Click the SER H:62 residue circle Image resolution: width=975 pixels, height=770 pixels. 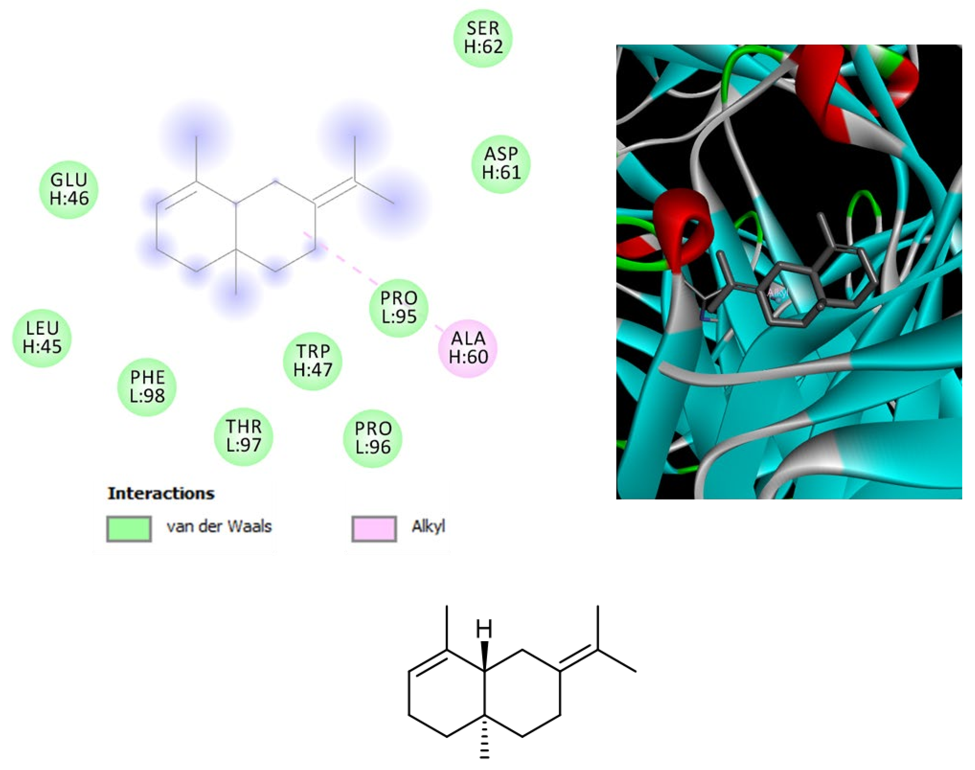483,38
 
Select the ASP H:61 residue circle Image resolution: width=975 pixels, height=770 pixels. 501,164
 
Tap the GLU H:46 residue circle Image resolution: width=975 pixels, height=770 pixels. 69,189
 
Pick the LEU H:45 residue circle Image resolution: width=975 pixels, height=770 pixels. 42,338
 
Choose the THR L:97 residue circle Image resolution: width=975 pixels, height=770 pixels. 244,436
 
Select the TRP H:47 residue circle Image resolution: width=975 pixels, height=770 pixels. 313,361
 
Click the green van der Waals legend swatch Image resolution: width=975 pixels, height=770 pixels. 129,528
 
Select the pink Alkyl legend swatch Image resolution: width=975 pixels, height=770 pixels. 374,528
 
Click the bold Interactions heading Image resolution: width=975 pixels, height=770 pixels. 161,493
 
